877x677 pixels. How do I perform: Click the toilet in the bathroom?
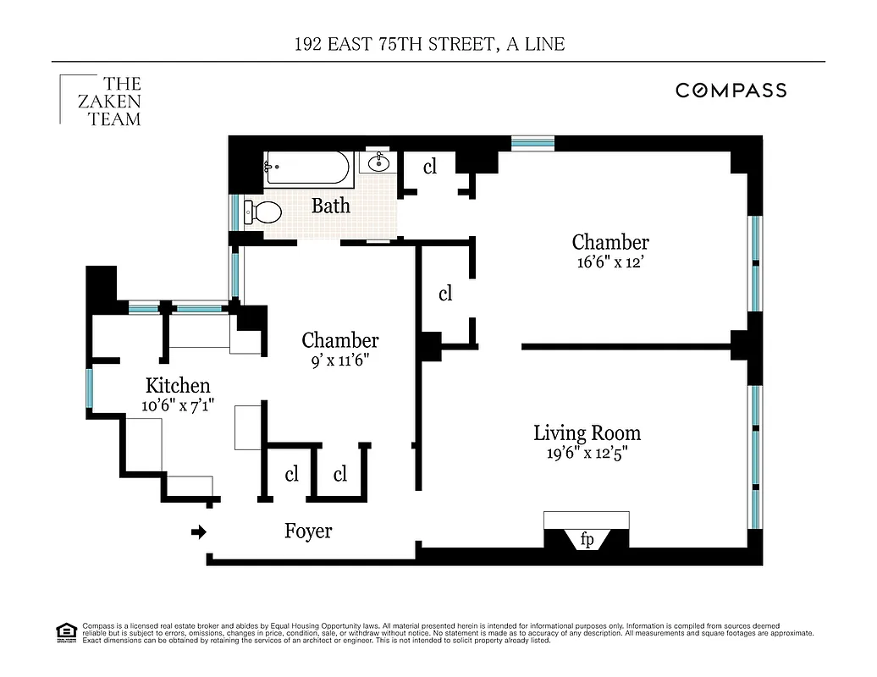pyautogui.click(x=262, y=212)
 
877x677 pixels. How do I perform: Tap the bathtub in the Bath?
pyautogui.click(x=306, y=168)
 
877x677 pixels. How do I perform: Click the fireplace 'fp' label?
pyautogui.click(x=587, y=540)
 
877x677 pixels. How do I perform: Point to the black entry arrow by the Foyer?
pyautogui.click(x=199, y=532)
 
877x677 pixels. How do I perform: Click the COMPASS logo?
pyautogui.click(x=731, y=91)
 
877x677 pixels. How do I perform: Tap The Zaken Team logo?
pyautogui.click(x=102, y=102)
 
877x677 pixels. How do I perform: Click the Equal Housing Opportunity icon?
pyautogui.click(x=65, y=630)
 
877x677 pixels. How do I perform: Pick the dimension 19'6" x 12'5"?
pyautogui.click(x=587, y=453)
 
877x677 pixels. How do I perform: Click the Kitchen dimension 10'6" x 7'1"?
pyautogui.click(x=177, y=405)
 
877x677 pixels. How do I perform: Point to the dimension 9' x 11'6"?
pyautogui.click(x=339, y=360)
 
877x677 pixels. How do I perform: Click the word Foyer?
pyautogui.click(x=307, y=531)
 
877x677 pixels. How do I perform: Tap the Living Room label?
pyautogui.click(x=587, y=433)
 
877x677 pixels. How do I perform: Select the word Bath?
pyautogui.click(x=330, y=206)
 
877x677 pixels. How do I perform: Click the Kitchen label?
pyautogui.click(x=177, y=386)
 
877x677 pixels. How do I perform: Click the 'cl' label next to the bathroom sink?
pyautogui.click(x=429, y=167)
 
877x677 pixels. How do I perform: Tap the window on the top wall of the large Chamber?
pyautogui.click(x=532, y=142)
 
